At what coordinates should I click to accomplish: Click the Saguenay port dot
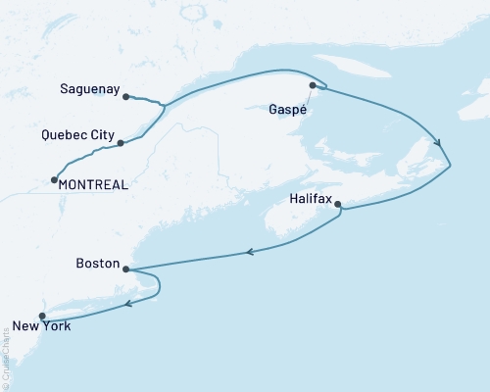(126, 96)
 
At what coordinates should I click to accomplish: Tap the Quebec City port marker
(121, 143)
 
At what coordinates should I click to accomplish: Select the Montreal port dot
(53, 180)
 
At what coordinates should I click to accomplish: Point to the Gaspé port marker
(313, 86)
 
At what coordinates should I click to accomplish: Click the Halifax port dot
(338, 205)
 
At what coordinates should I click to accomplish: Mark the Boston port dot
(126, 268)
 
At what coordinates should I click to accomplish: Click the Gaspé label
(287, 110)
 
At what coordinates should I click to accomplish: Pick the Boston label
(97, 264)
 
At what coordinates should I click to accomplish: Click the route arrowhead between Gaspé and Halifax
(436, 142)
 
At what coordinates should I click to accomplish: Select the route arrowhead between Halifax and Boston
(251, 253)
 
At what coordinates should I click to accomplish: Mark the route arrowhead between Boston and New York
(128, 306)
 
